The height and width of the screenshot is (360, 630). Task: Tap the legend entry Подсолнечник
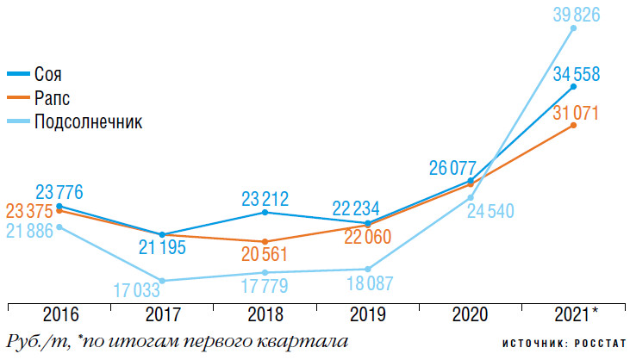point(87,121)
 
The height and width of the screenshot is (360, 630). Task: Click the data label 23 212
point(265,197)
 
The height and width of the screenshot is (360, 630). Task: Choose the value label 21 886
point(28,231)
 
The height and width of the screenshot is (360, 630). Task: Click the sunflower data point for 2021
point(574,28)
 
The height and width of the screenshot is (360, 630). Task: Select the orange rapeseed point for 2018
point(265,241)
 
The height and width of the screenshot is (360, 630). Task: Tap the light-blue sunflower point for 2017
point(162,281)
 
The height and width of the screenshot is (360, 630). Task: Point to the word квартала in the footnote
point(306,340)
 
